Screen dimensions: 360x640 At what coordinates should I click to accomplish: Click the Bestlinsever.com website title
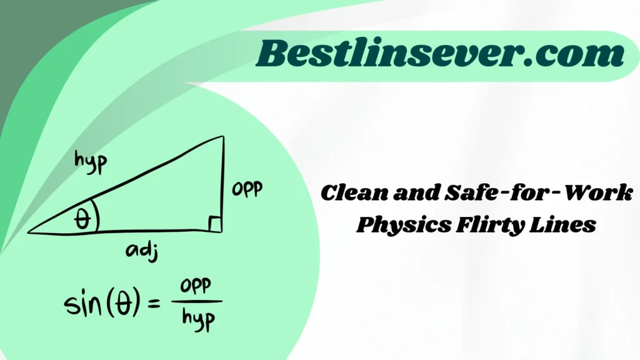(441, 55)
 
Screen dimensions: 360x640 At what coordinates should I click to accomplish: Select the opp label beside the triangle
(247, 189)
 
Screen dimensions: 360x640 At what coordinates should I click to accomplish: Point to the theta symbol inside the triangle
(82, 219)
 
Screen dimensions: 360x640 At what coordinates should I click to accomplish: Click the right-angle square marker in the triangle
(214, 224)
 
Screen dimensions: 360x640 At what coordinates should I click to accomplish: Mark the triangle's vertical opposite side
(222, 181)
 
